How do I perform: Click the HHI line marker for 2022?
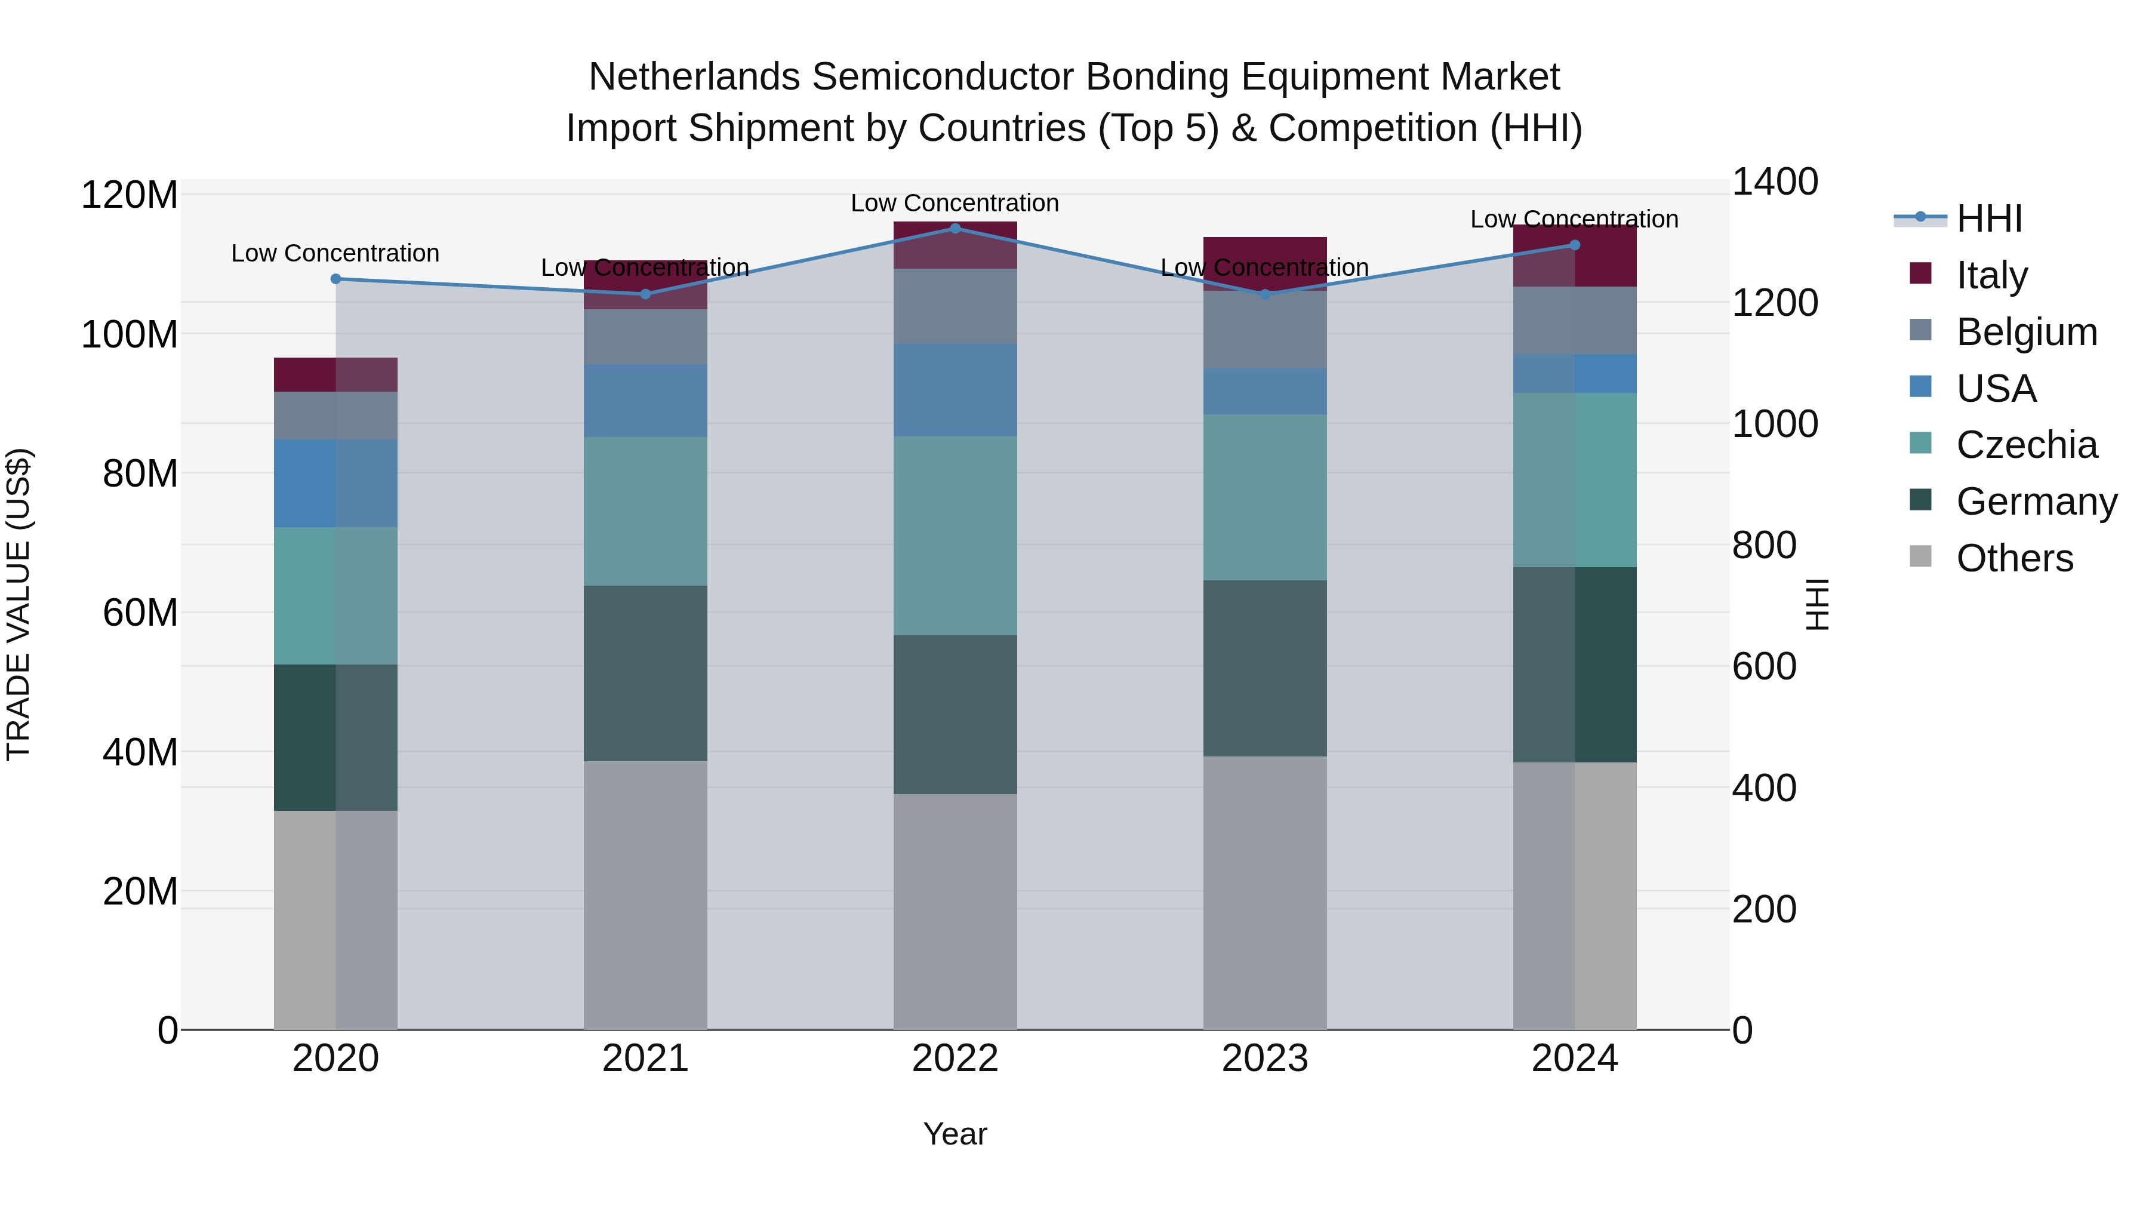(955, 228)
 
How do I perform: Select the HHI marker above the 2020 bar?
(335, 279)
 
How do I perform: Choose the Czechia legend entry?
(2025, 445)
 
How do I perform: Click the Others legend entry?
(2014, 558)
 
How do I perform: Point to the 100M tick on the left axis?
(130, 334)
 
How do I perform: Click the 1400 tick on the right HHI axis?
(1775, 182)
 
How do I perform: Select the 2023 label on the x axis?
(1265, 1059)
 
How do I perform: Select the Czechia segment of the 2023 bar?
(1265, 497)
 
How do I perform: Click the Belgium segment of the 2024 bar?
(1574, 321)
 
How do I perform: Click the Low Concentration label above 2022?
(955, 203)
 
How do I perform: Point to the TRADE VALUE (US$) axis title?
(19, 604)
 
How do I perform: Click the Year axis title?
(955, 1134)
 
